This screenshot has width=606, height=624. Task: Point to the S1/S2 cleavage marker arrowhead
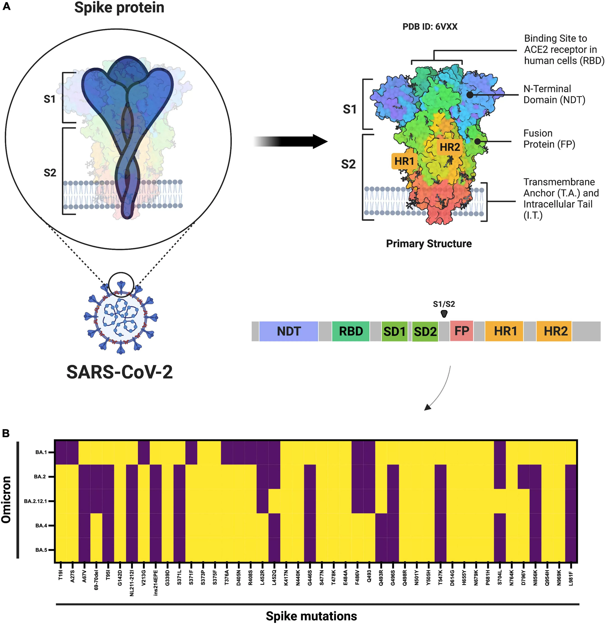[444, 314]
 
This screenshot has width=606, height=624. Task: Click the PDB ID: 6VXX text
[430, 27]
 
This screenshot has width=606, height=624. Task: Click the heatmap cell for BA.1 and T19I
[60, 452]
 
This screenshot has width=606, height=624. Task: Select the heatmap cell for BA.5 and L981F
[571, 550]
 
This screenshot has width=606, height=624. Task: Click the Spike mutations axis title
[311, 616]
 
